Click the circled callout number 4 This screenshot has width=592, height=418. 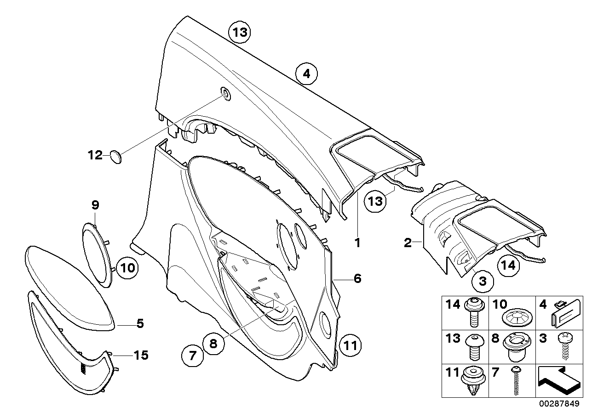coord(307,73)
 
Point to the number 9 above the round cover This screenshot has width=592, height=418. coord(95,204)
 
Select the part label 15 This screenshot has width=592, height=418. coord(141,355)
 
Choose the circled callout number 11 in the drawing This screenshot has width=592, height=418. coord(351,345)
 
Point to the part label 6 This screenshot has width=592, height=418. coord(357,278)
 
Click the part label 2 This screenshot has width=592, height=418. coord(408,243)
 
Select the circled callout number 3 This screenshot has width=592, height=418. coord(482,280)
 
